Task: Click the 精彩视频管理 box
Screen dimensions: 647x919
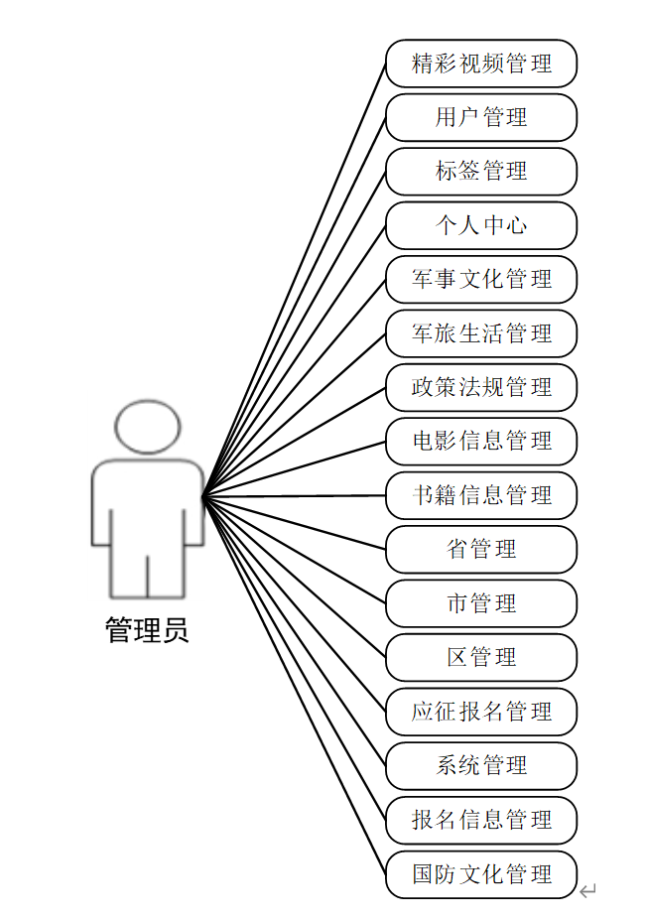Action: click(481, 64)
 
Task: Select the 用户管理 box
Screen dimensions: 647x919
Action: click(481, 117)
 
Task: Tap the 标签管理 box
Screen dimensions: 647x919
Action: click(481, 172)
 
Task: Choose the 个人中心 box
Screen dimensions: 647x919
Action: click(481, 225)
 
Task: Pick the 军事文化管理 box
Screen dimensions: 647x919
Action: click(481, 280)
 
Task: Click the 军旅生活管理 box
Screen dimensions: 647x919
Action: click(481, 333)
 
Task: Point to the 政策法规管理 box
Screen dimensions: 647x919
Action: click(481, 387)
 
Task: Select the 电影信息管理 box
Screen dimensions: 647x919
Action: click(481, 442)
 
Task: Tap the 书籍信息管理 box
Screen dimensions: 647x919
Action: click(481, 495)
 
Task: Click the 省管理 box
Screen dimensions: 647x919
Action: click(481, 550)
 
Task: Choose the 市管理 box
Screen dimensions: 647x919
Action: click(481, 603)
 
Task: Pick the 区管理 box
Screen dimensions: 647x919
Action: click(481, 657)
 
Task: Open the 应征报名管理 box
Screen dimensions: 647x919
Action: click(481, 712)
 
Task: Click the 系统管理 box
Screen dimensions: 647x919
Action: click(481, 765)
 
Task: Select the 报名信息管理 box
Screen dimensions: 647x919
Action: click(481, 820)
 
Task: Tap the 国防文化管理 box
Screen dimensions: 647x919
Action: click(481, 874)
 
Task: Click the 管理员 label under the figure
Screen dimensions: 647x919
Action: click(147, 630)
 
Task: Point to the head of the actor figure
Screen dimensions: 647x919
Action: click(148, 427)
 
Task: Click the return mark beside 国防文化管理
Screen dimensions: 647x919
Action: click(588, 890)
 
